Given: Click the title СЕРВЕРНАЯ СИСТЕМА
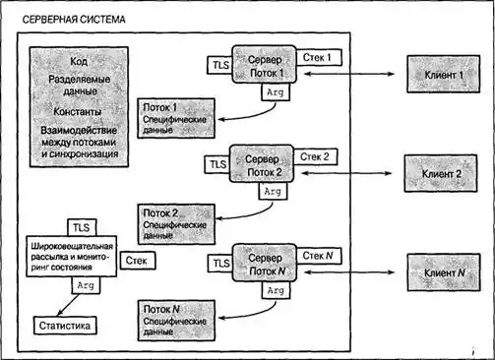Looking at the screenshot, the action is click(74, 20).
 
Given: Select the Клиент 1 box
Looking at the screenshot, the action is click(444, 74).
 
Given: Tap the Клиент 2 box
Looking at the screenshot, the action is click(441, 173).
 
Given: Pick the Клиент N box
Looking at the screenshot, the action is click(444, 272).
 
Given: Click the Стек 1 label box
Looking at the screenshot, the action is click(319, 57).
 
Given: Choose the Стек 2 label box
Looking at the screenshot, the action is click(315, 156).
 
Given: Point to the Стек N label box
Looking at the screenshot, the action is click(319, 256).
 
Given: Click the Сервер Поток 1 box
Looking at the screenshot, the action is click(265, 65).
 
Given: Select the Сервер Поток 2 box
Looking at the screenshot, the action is click(262, 163).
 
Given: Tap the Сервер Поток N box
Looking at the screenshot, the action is click(265, 263).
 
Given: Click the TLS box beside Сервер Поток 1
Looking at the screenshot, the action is click(220, 65).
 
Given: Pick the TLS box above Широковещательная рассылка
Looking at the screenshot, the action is click(82, 227).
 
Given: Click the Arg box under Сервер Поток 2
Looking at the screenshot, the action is click(273, 191).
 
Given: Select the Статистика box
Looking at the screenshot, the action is click(65, 326).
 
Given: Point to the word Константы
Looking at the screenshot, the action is click(78, 111).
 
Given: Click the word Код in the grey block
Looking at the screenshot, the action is click(79, 61).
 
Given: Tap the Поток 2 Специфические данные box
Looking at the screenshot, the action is click(176, 224).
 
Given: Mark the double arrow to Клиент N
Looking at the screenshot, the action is click(349, 271).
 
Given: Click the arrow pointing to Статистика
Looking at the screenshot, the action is click(68, 305).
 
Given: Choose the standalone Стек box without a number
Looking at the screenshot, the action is click(138, 261).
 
